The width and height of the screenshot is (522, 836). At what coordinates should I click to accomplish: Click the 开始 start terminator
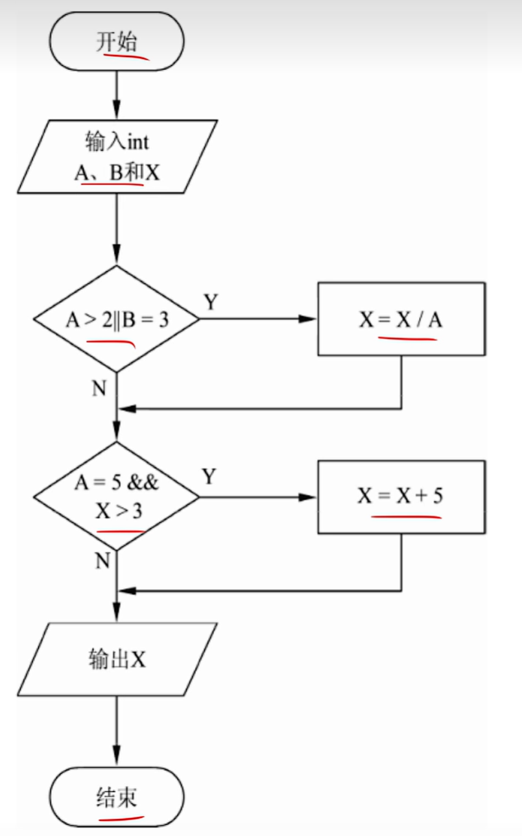point(117,41)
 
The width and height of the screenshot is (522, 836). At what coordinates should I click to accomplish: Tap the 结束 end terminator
point(117,796)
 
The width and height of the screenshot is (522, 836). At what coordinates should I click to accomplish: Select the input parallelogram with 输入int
point(117,156)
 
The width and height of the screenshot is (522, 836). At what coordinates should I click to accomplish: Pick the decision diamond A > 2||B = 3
point(117,319)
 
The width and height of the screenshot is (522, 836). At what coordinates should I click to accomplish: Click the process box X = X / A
point(401,319)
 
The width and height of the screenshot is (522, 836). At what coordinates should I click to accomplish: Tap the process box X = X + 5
point(401,496)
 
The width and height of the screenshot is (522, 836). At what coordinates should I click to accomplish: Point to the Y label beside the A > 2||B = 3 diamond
point(211,302)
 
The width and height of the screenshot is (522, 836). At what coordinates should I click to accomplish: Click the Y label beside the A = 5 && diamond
point(209,477)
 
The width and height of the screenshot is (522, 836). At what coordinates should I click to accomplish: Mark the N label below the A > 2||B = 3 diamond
point(99,388)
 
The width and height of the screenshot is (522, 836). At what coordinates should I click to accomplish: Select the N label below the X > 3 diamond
point(102,560)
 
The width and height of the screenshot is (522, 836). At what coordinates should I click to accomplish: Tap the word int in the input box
point(137,141)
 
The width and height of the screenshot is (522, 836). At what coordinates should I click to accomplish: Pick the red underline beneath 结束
point(121,813)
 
